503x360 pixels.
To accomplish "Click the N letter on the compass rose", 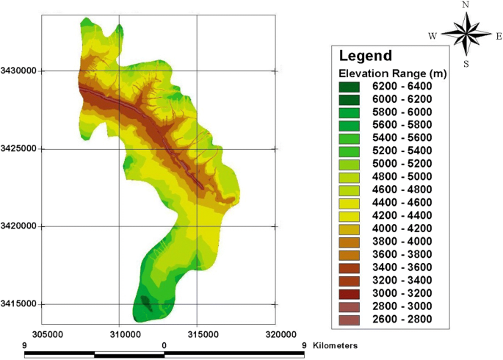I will tap(465, 5).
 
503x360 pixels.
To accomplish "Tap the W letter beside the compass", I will tap(433, 35).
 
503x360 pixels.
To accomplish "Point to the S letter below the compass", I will tap(465, 64).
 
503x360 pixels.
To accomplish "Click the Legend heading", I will tap(365, 56).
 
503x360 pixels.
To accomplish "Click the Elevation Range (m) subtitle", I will tap(393, 73).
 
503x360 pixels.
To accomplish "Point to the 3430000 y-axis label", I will tap(20, 71).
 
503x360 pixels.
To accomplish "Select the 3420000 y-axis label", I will tap(20, 227).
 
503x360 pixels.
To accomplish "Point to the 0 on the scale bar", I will tap(164, 344).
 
